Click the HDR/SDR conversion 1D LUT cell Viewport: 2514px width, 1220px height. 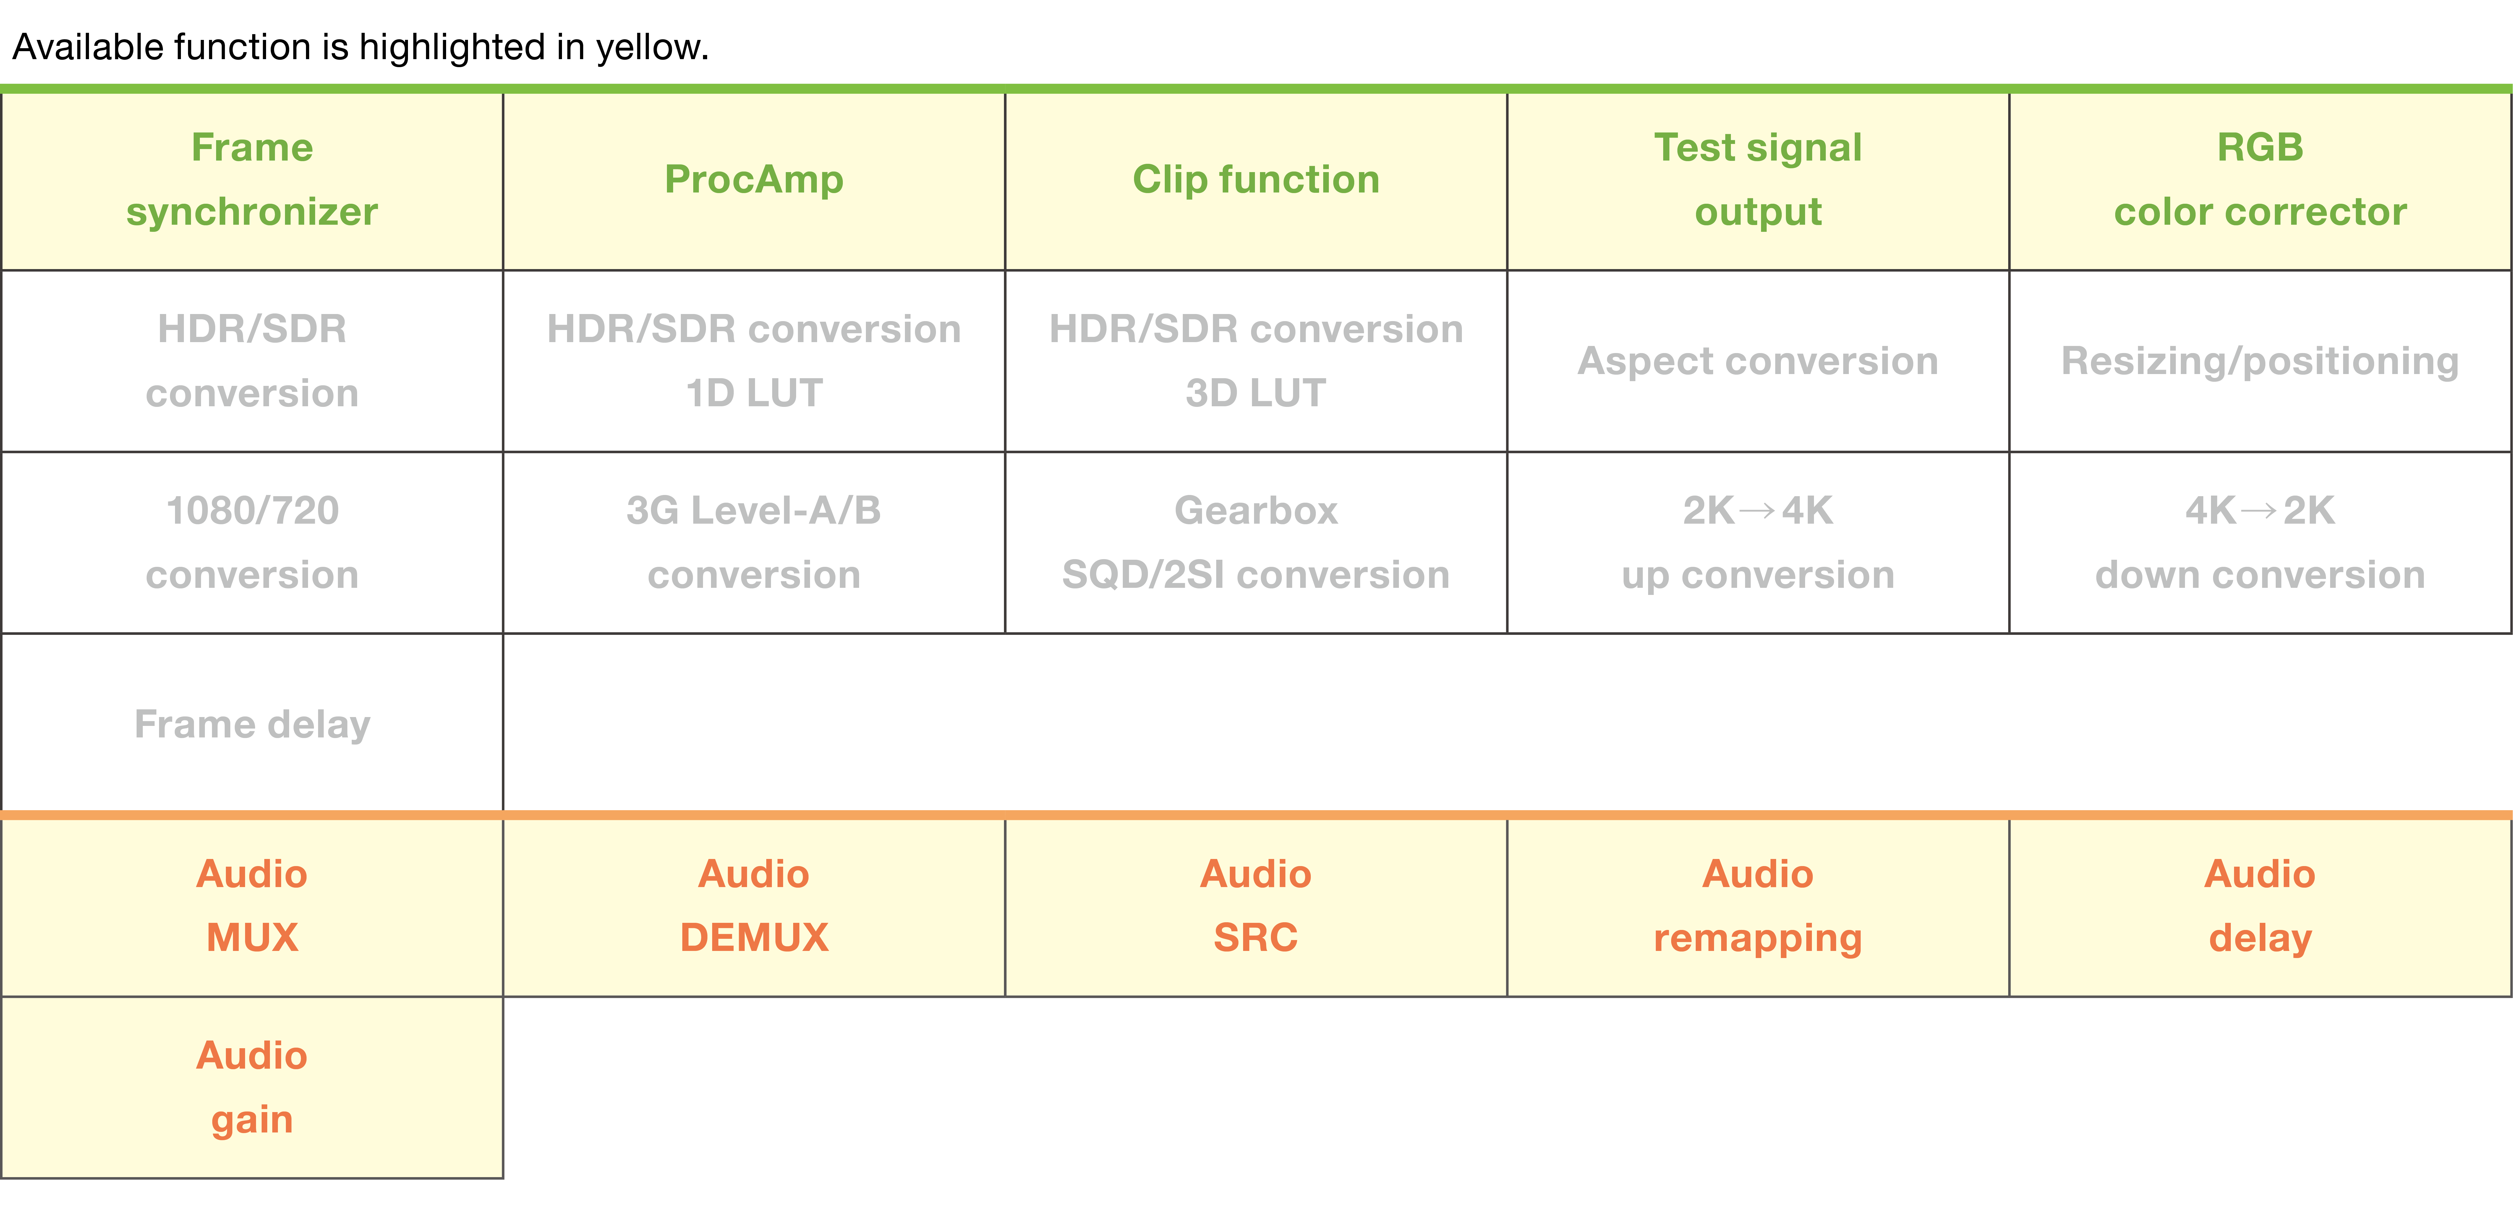754,361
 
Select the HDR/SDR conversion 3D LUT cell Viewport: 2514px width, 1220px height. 1256,361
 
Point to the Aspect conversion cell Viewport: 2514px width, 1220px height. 1758,361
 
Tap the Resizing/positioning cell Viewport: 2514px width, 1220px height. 2260,361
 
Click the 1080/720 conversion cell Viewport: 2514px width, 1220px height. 252,543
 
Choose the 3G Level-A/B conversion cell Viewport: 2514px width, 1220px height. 754,543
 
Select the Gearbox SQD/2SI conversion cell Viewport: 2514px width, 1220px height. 1256,543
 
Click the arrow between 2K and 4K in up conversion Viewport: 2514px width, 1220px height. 1758,510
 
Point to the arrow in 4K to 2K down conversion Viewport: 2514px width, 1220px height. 2259,510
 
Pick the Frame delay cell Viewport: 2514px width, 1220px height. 252,723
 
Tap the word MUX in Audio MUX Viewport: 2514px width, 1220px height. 252,937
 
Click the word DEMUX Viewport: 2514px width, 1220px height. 754,937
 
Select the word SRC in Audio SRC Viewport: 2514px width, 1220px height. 1256,937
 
